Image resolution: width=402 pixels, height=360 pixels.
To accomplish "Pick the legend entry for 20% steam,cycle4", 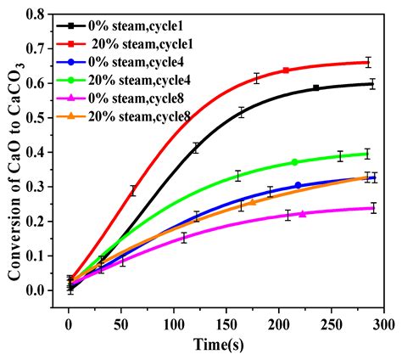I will (141, 80).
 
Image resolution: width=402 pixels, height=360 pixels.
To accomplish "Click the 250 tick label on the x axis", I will (332, 323).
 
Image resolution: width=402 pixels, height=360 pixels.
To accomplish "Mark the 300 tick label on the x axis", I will (383, 323).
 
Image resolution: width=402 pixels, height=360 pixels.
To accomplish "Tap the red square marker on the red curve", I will (286, 70).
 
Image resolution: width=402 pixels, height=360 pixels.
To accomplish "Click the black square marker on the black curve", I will (315, 87).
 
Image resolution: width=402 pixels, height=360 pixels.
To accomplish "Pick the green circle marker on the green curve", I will (294, 162).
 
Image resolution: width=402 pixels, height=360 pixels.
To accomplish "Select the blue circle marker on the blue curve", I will (298, 185).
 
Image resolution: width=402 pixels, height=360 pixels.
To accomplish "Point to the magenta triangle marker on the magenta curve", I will (303, 214).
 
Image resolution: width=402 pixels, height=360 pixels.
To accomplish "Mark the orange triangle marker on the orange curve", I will (252, 202).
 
